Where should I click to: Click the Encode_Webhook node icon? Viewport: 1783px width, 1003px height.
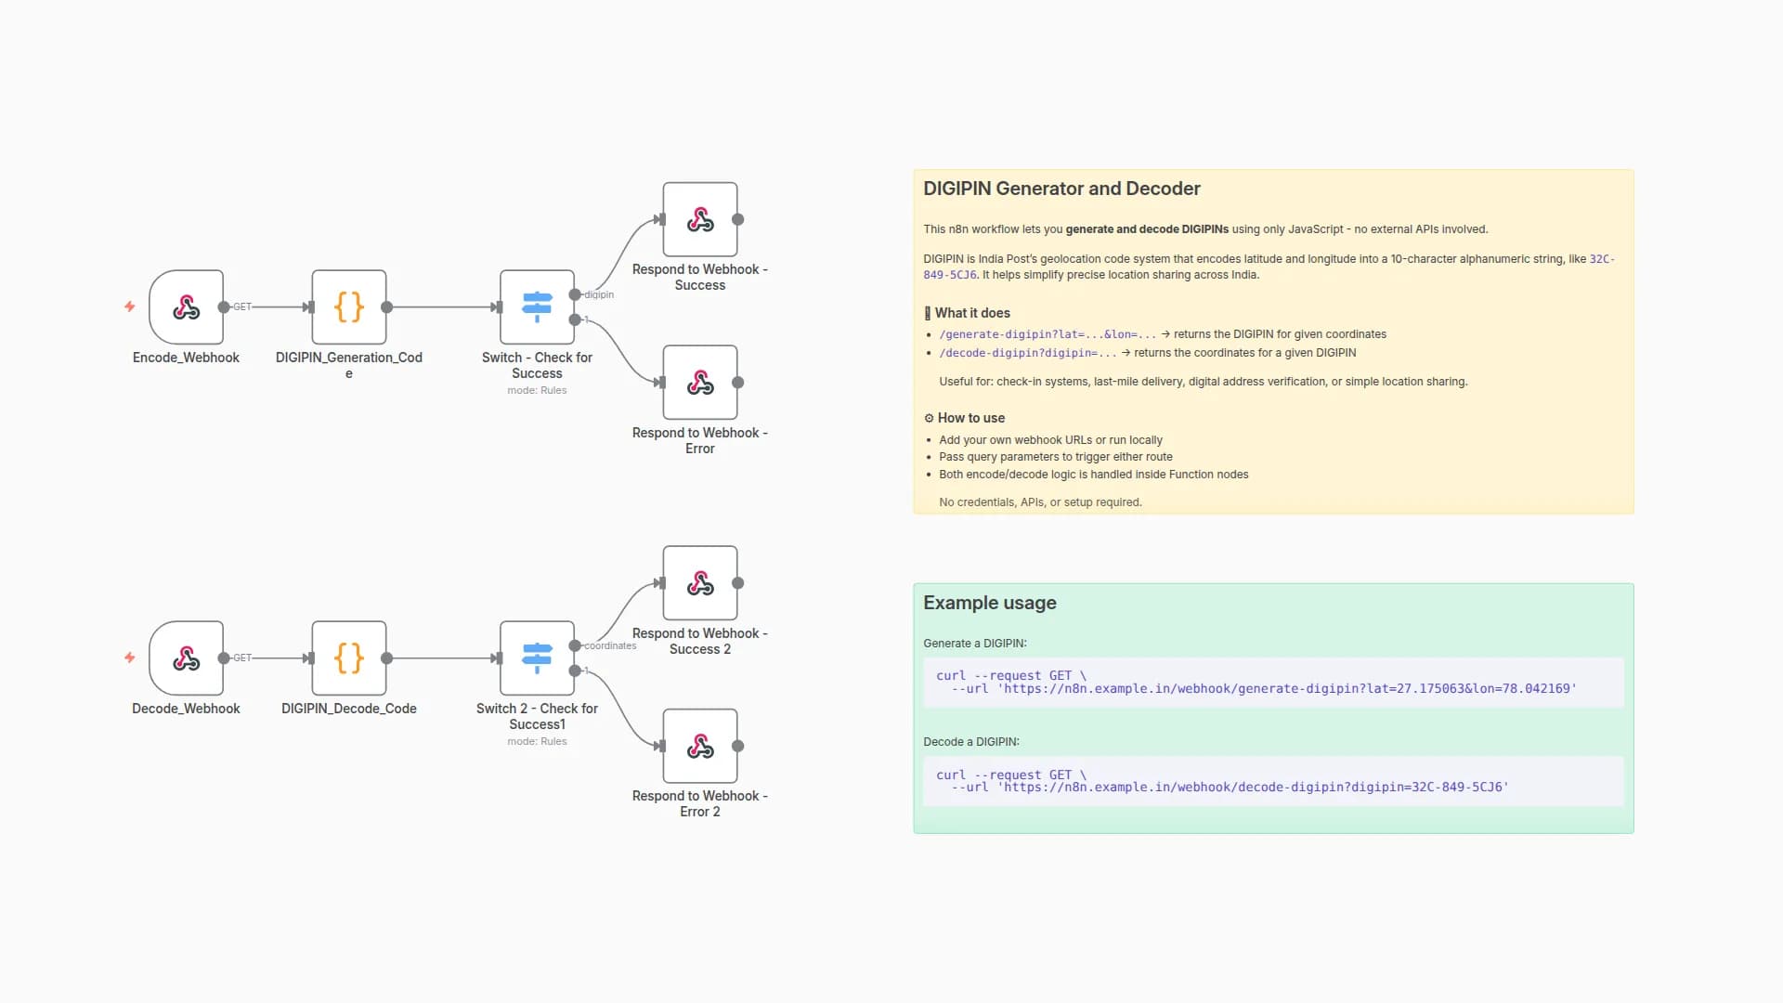tap(186, 307)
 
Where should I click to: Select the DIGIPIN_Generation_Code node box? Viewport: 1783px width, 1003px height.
tap(349, 307)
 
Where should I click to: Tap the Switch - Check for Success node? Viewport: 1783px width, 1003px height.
tap(537, 307)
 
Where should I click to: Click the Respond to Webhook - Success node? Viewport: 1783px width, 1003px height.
tap(700, 220)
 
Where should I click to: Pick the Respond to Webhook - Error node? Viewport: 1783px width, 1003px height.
tap(700, 383)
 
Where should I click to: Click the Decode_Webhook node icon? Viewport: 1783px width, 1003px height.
tap(186, 658)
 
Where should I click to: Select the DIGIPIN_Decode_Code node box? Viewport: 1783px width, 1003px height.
tap(349, 658)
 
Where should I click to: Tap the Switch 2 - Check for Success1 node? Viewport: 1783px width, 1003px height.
tap(537, 658)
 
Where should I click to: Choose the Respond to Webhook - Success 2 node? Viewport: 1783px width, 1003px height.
tap(700, 583)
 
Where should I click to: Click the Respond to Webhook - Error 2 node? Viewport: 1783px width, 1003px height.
tap(700, 747)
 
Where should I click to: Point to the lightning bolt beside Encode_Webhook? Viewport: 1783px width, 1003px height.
tap(130, 306)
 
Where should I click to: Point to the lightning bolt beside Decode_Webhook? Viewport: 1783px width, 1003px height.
tap(130, 658)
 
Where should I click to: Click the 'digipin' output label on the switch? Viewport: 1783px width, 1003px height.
tap(599, 295)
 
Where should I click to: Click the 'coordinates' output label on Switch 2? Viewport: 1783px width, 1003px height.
tap(610, 646)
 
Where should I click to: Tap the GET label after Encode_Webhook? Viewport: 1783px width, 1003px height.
tap(242, 306)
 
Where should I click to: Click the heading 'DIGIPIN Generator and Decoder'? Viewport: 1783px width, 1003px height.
tap(1061, 189)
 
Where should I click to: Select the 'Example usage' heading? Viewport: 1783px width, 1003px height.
tap(990, 603)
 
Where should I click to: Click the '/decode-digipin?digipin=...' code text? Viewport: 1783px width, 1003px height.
tap(1028, 353)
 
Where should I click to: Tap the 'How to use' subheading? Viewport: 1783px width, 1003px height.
tap(970, 418)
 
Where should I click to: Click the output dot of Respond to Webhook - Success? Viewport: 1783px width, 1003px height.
tap(738, 220)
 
